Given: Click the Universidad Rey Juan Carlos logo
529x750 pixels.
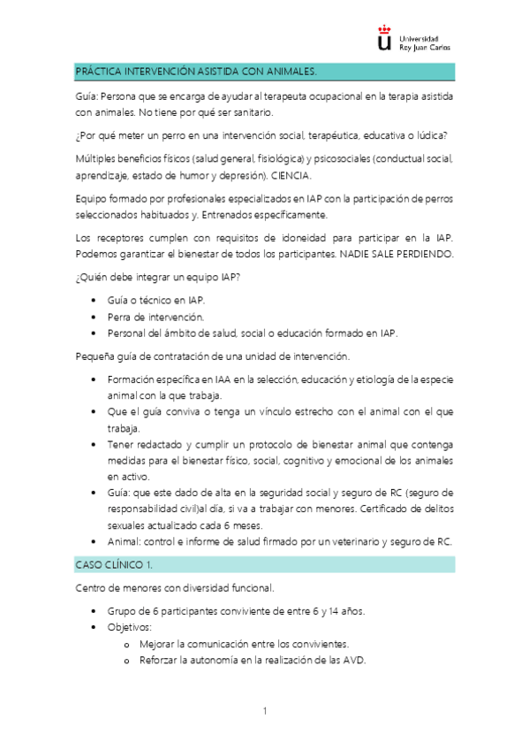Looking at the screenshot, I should [x=414, y=42].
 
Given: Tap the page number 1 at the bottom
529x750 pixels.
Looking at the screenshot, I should [x=264, y=710].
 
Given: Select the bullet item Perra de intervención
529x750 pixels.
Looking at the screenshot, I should [x=155, y=316].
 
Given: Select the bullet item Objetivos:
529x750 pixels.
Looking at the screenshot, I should [x=130, y=627].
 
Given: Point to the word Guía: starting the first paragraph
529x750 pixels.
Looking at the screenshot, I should [x=87, y=96].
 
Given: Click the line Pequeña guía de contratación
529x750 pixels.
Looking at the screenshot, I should [x=213, y=356].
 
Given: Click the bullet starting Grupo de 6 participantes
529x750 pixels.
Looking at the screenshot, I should [x=236, y=611].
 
